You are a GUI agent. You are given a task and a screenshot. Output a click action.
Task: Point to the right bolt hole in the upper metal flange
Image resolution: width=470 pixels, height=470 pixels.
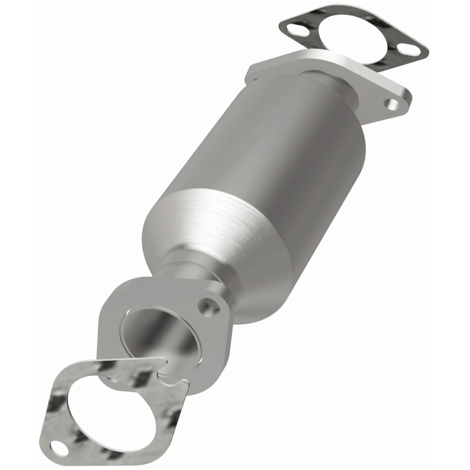point(392,104)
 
